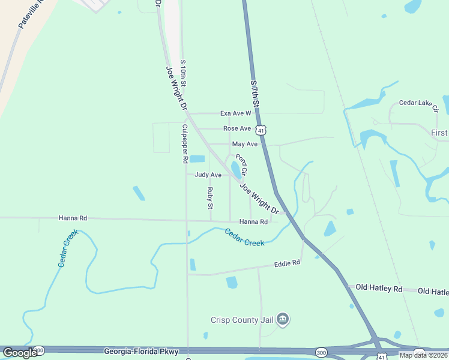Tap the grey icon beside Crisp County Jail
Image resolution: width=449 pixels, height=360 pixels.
(284, 319)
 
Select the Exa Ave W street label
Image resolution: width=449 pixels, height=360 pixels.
(235, 113)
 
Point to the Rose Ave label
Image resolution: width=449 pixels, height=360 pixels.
(237, 128)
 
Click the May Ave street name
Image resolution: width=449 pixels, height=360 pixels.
(244, 144)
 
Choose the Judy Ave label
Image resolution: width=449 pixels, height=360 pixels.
(208, 175)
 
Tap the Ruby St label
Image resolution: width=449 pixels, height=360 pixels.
(210, 198)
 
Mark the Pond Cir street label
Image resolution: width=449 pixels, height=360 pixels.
(241, 164)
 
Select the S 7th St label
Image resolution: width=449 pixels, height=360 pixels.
(255, 93)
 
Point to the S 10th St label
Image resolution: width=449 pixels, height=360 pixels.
(183, 73)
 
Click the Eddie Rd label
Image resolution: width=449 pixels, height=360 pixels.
(286, 263)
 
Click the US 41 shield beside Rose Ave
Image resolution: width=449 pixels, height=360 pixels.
(260, 130)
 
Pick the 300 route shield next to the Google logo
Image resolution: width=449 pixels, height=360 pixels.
(39, 350)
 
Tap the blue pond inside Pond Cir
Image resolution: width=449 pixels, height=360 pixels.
(235, 169)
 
